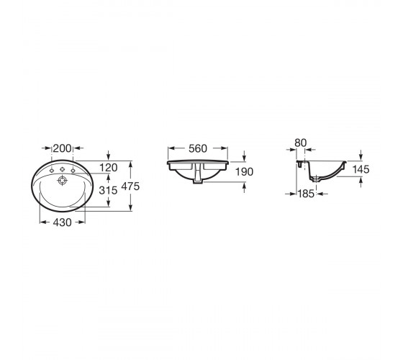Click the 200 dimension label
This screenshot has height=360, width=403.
pyautogui.click(x=62, y=148)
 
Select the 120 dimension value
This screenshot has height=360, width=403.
pyautogui.click(x=109, y=168)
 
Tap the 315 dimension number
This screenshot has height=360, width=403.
pyautogui.click(x=108, y=190)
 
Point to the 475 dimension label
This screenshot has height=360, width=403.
pyautogui.click(x=130, y=186)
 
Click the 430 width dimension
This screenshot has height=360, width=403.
pyautogui.click(x=62, y=222)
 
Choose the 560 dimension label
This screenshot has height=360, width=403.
pyautogui.click(x=198, y=148)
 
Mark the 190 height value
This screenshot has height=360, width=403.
pyautogui.click(x=245, y=172)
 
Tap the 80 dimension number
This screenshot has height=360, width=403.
pyautogui.click(x=301, y=143)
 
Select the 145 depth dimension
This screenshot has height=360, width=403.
pyautogui.click(x=361, y=169)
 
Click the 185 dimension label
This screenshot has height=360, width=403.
pyautogui.click(x=306, y=194)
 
